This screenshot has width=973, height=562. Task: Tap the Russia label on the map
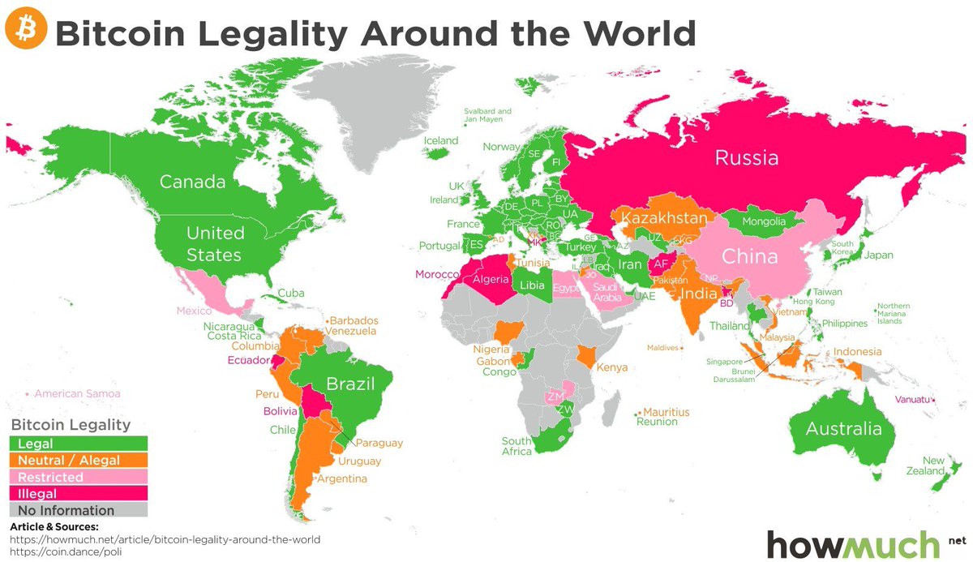[x=746, y=157]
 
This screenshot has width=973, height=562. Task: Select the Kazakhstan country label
[x=664, y=219]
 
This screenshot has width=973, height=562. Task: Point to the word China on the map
[x=749, y=257]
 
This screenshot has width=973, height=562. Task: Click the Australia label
[x=842, y=429]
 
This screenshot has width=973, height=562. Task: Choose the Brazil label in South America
[x=350, y=384]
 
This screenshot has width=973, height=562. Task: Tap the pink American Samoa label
[x=77, y=393]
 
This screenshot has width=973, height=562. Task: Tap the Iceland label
[x=441, y=140]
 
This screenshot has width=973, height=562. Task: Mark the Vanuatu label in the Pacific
[x=912, y=399]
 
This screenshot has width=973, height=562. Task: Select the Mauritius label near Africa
[x=667, y=412]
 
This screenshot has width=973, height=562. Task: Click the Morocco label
[x=437, y=275]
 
